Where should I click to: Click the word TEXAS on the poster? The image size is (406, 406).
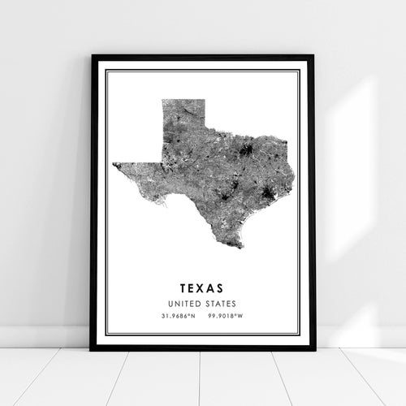coord(203,287)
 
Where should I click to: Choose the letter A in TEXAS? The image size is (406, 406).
coord(214,287)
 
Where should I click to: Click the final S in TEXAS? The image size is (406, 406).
coord(225,287)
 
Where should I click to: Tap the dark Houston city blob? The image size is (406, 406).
coord(267,193)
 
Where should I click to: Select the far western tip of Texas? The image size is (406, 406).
coord(114,163)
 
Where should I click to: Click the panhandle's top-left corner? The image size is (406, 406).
coord(162,100)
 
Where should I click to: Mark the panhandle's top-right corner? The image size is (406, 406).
coord(205,100)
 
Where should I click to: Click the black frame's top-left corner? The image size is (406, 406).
coord(93,56)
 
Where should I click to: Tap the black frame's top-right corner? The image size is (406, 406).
coord(313,56)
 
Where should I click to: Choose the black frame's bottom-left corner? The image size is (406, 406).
coord(91,349)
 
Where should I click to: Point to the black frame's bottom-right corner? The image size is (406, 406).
coord(315,349)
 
